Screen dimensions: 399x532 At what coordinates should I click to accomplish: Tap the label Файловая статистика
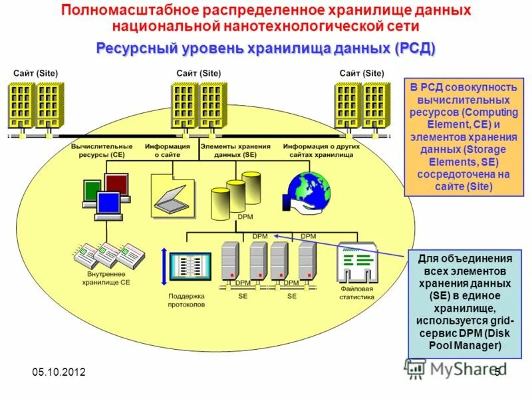click(357, 293)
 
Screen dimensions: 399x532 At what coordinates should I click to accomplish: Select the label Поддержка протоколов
click(186, 300)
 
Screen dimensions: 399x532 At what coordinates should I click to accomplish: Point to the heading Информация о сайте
click(168, 150)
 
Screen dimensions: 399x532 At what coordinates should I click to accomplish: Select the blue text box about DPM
click(460, 303)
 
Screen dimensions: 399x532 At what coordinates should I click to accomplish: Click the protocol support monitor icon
click(190, 269)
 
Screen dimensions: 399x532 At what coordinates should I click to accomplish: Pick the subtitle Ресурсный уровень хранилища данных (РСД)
click(266, 49)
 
